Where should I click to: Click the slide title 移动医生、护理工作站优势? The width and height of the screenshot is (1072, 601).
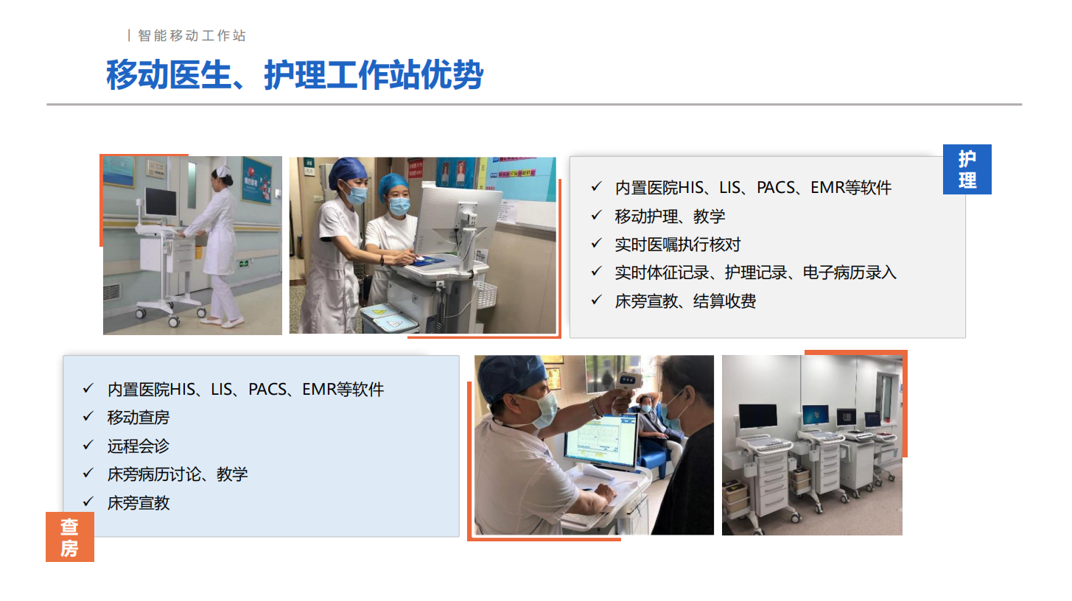(294, 75)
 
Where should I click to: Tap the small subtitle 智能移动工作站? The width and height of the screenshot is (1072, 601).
(192, 36)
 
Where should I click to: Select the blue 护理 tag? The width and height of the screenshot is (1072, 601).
(967, 169)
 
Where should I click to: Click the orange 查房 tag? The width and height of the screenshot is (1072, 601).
(70, 537)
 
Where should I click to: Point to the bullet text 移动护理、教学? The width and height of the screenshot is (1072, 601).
(670, 217)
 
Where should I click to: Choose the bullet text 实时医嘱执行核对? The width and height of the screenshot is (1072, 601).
(678, 245)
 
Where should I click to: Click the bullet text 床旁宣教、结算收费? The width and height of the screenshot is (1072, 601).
(685, 301)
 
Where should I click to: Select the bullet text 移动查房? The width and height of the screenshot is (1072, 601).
(139, 418)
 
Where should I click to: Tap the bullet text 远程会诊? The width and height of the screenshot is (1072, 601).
(139, 446)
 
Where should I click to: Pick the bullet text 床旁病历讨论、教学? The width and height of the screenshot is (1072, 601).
(178, 474)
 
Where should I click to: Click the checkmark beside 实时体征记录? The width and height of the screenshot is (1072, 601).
(596, 272)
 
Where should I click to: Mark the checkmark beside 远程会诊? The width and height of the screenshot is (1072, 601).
(88, 446)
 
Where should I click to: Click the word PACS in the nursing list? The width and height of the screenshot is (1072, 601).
(776, 188)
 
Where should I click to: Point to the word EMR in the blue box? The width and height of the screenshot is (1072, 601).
(318, 390)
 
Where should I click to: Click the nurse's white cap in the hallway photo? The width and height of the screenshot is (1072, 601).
(223, 172)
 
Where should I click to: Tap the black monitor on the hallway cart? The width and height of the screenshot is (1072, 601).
(161, 202)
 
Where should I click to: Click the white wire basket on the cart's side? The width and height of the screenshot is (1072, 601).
(486, 295)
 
